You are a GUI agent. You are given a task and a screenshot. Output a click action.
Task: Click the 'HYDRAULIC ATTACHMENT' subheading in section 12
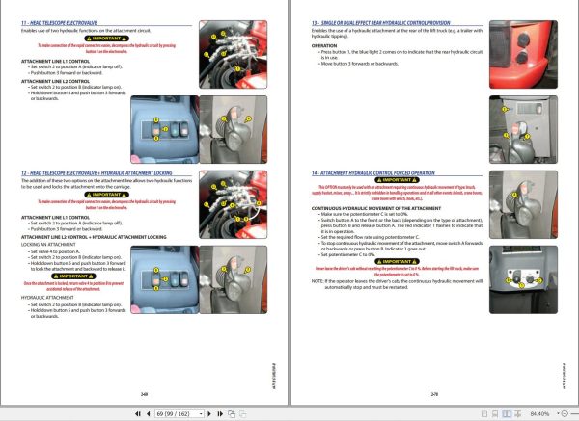[x=52, y=298]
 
